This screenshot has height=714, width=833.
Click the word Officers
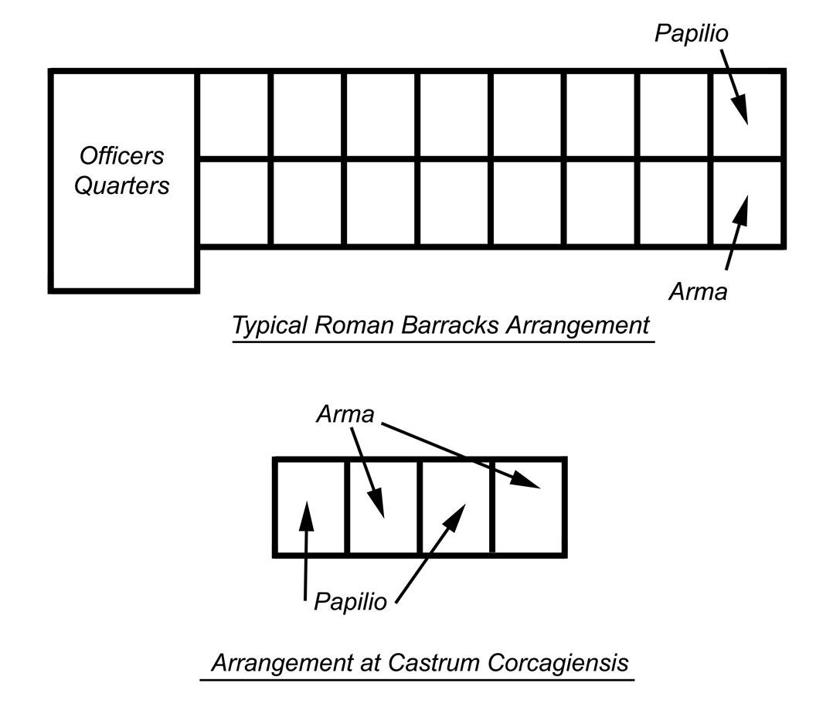pos(122,155)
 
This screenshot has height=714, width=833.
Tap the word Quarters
pos(122,186)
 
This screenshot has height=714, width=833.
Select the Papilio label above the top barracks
pos(692,34)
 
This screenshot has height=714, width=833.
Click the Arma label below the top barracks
pos(698,292)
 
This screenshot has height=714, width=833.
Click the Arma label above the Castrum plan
pos(345,415)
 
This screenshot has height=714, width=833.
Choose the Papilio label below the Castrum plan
pos(350,602)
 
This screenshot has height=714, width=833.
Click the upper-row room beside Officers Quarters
pos(235,116)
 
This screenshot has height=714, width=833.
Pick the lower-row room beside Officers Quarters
pos(235,202)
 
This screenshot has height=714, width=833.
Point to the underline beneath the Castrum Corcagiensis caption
pos(417,680)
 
